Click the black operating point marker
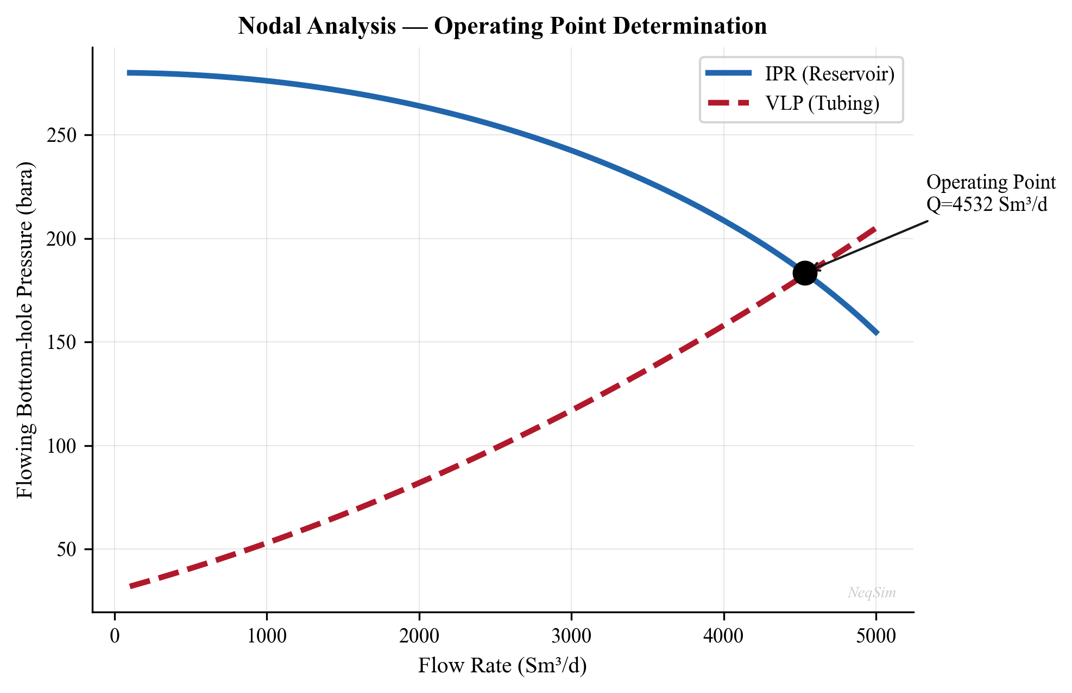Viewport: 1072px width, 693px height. click(804, 273)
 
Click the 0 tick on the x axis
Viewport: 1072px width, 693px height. click(115, 635)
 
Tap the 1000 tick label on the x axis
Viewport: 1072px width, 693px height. click(267, 635)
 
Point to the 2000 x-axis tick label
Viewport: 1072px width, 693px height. click(419, 635)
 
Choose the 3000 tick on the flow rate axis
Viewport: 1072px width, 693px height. click(571, 635)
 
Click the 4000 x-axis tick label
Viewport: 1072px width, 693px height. click(723, 635)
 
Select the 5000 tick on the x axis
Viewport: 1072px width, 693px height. click(875, 635)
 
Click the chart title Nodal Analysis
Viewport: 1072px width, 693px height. click(502, 26)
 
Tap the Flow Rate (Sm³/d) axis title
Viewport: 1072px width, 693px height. click(502, 665)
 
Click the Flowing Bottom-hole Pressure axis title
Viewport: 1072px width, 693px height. click(25, 330)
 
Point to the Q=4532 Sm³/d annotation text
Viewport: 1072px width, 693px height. click(986, 205)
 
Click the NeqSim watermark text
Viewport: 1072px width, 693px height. click(872, 592)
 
